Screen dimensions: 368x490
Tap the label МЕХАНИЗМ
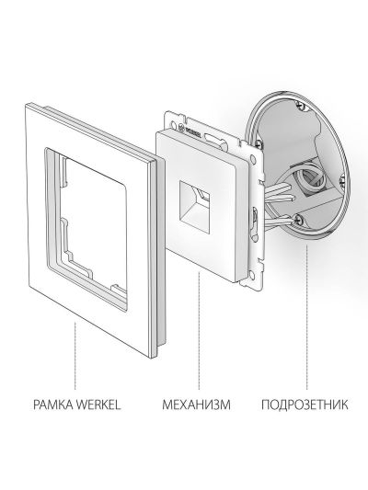pos(196,405)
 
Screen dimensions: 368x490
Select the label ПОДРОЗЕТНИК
pos(305,405)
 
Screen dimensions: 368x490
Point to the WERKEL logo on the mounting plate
pos(190,129)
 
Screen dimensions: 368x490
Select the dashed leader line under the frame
pos(75,356)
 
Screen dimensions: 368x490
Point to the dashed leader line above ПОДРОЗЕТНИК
pos(306,317)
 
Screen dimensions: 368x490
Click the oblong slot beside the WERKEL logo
pos(213,138)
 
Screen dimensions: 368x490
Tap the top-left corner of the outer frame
pos(26,105)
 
